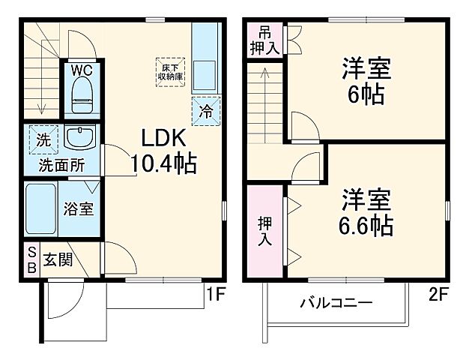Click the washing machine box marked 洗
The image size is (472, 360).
[43, 139]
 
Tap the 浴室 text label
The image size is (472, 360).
[78, 208]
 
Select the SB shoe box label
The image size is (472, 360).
[32, 259]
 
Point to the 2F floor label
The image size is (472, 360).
[438, 295]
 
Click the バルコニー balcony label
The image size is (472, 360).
[336, 304]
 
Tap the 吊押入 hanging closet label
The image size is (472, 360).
[264, 40]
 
